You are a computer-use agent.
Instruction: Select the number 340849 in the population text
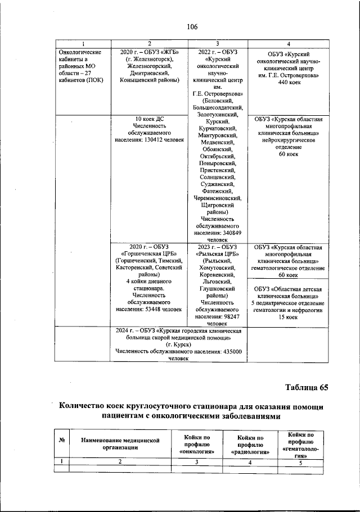(x=230, y=233)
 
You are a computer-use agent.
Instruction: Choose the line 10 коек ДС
(x=150, y=119)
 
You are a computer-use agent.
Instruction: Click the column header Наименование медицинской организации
(x=119, y=444)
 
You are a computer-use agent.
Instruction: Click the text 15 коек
(x=287, y=318)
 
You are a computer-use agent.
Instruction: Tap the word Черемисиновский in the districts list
(x=217, y=198)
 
